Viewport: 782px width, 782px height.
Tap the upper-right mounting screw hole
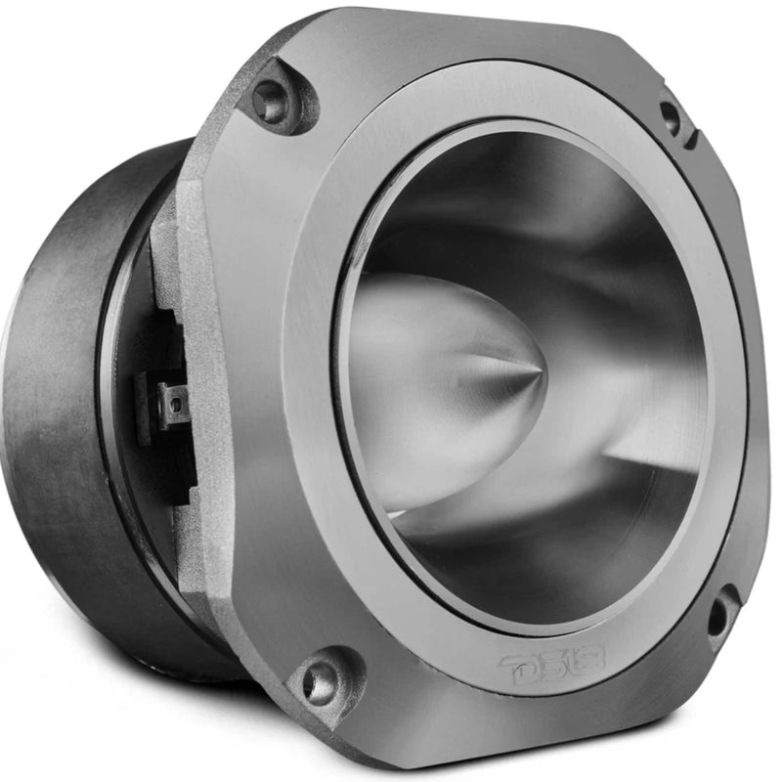pyautogui.click(x=671, y=118)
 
